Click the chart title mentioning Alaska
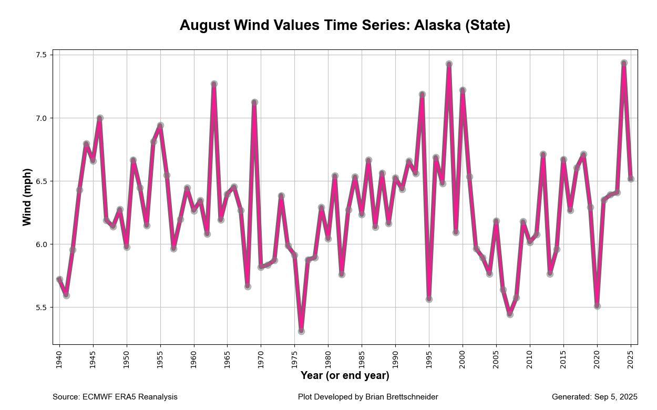345,25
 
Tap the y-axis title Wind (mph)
27,197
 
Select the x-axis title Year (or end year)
345,375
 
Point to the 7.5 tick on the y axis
41,55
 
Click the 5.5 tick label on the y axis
41,307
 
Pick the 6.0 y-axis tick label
41,244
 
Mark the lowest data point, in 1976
301,331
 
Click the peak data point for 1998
449,64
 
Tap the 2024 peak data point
624,63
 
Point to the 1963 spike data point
214,84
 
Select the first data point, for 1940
59,280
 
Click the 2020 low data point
597,306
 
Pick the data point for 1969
254,102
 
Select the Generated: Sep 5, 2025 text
594,397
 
